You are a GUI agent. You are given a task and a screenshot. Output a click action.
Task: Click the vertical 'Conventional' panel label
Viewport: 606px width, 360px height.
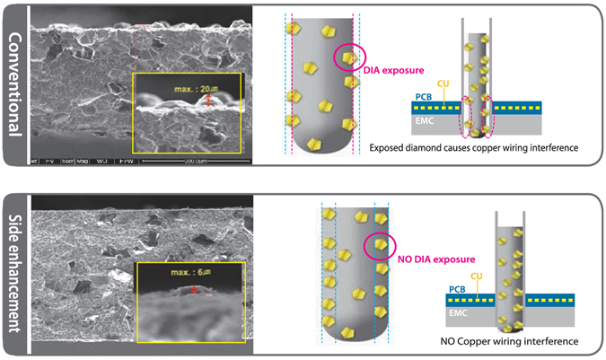pyautogui.click(x=15, y=84)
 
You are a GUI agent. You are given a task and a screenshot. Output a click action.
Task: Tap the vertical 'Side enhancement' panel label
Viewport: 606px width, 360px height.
pyautogui.click(x=15, y=269)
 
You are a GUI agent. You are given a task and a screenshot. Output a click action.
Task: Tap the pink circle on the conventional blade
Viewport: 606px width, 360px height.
pyautogui.click(x=348, y=57)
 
